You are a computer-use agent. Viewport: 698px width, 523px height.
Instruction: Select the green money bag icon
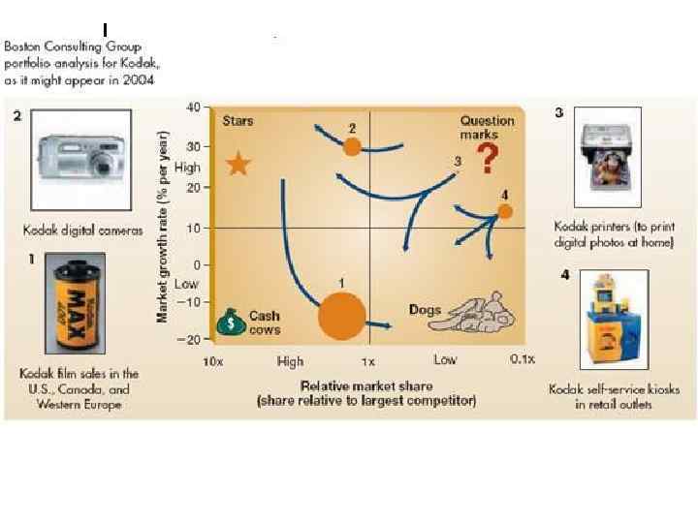[233, 322]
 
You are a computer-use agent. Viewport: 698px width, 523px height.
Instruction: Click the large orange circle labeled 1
[342, 315]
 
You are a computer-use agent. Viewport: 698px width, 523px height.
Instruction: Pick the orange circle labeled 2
[353, 146]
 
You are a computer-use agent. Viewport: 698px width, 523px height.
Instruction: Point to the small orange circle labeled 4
[505, 211]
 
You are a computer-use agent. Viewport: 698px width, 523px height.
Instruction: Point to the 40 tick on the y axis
[194, 106]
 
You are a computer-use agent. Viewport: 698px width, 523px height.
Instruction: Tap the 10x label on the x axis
[211, 361]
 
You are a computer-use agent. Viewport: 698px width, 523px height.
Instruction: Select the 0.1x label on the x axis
[522, 360]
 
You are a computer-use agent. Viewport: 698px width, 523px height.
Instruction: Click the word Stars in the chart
[238, 121]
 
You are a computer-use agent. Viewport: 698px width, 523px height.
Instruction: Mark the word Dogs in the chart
[425, 310]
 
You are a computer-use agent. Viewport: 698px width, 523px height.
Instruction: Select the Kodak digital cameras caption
[82, 231]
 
